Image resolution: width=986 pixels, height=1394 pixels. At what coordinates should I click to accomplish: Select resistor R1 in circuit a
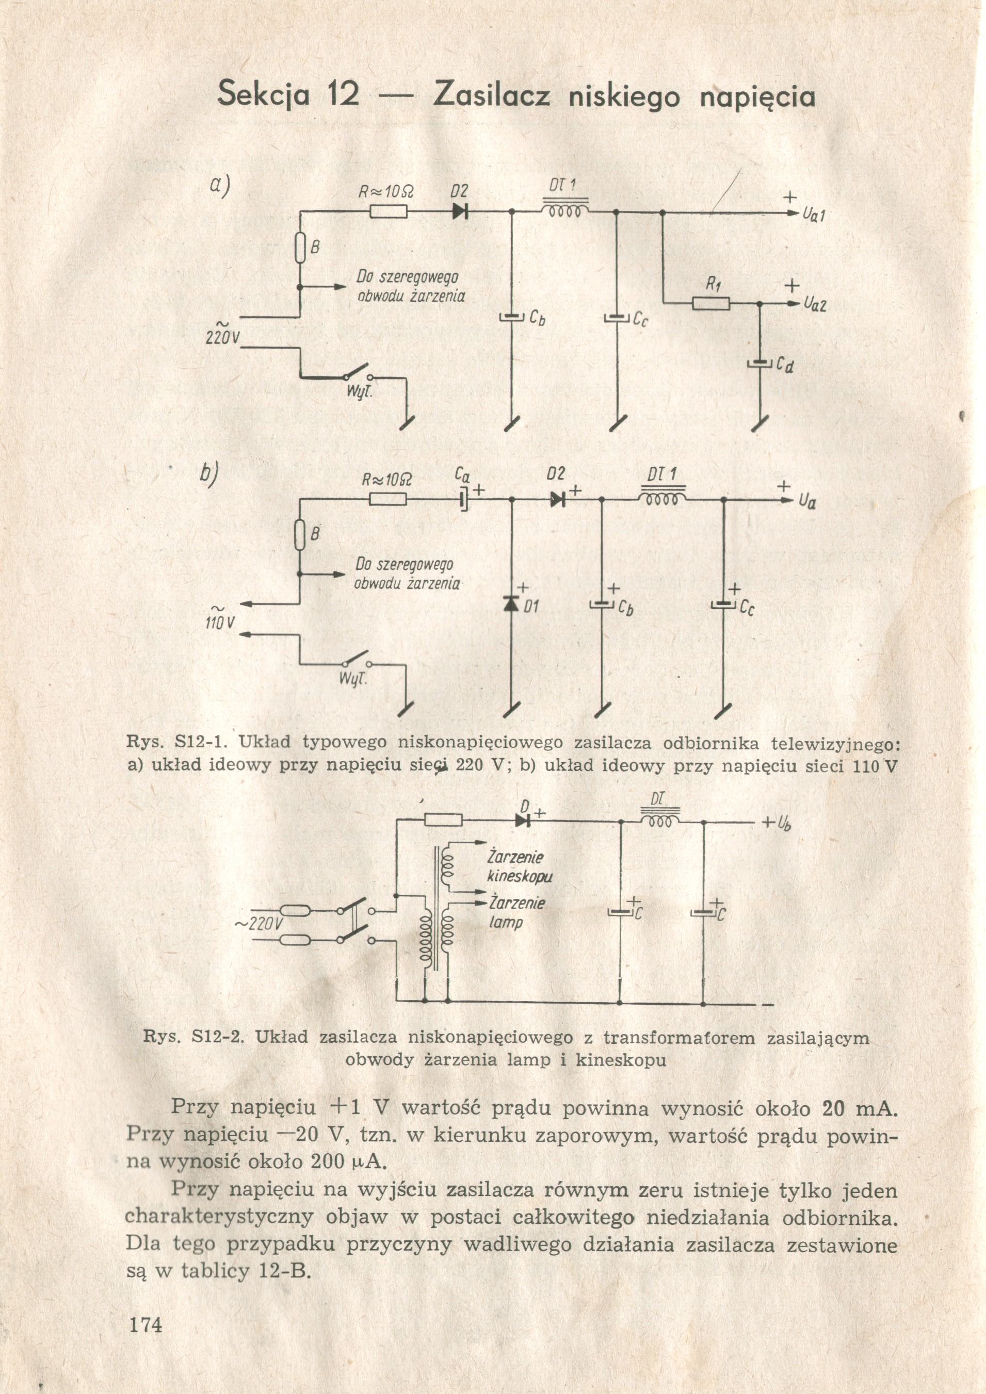pos(711,302)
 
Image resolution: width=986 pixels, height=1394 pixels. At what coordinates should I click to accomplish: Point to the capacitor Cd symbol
pos(759,364)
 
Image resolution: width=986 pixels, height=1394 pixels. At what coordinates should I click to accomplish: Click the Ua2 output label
pos(815,304)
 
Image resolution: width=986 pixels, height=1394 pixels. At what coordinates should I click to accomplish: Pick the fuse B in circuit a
pos(299,248)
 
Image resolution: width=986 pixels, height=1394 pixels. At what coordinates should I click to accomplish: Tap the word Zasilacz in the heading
pos(492,96)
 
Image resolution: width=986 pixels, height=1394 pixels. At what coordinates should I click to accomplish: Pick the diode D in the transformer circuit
pos(523,820)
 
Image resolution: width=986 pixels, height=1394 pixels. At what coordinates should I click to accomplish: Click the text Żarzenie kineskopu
pos(520,867)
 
